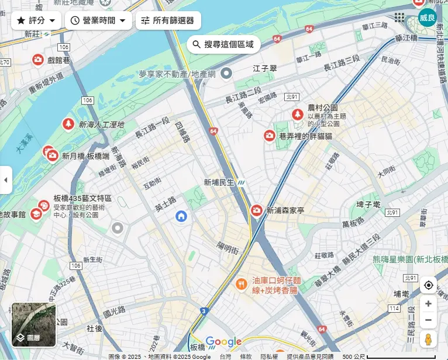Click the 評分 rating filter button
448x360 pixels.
(x=36, y=20)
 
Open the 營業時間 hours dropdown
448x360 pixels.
(x=98, y=20)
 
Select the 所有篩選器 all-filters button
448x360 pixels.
(x=168, y=20)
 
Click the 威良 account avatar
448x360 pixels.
(x=427, y=18)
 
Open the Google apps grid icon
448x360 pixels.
(x=399, y=18)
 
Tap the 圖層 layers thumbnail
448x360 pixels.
(x=34, y=324)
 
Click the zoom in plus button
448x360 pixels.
(x=428, y=304)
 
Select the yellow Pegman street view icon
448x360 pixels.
(x=428, y=340)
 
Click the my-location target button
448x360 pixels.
(x=428, y=285)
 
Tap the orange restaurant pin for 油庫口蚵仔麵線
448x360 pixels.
(x=240, y=284)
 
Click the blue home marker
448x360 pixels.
(x=181, y=217)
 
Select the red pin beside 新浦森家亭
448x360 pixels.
(x=256, y=210)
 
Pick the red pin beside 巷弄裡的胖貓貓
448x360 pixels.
(x=269, y=136)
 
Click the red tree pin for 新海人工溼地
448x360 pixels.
(x=68, y=124)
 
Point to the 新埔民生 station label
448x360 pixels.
(x=219, y=182)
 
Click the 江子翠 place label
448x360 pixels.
(x=264, y=68)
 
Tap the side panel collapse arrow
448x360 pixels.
(x=6, y=180)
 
